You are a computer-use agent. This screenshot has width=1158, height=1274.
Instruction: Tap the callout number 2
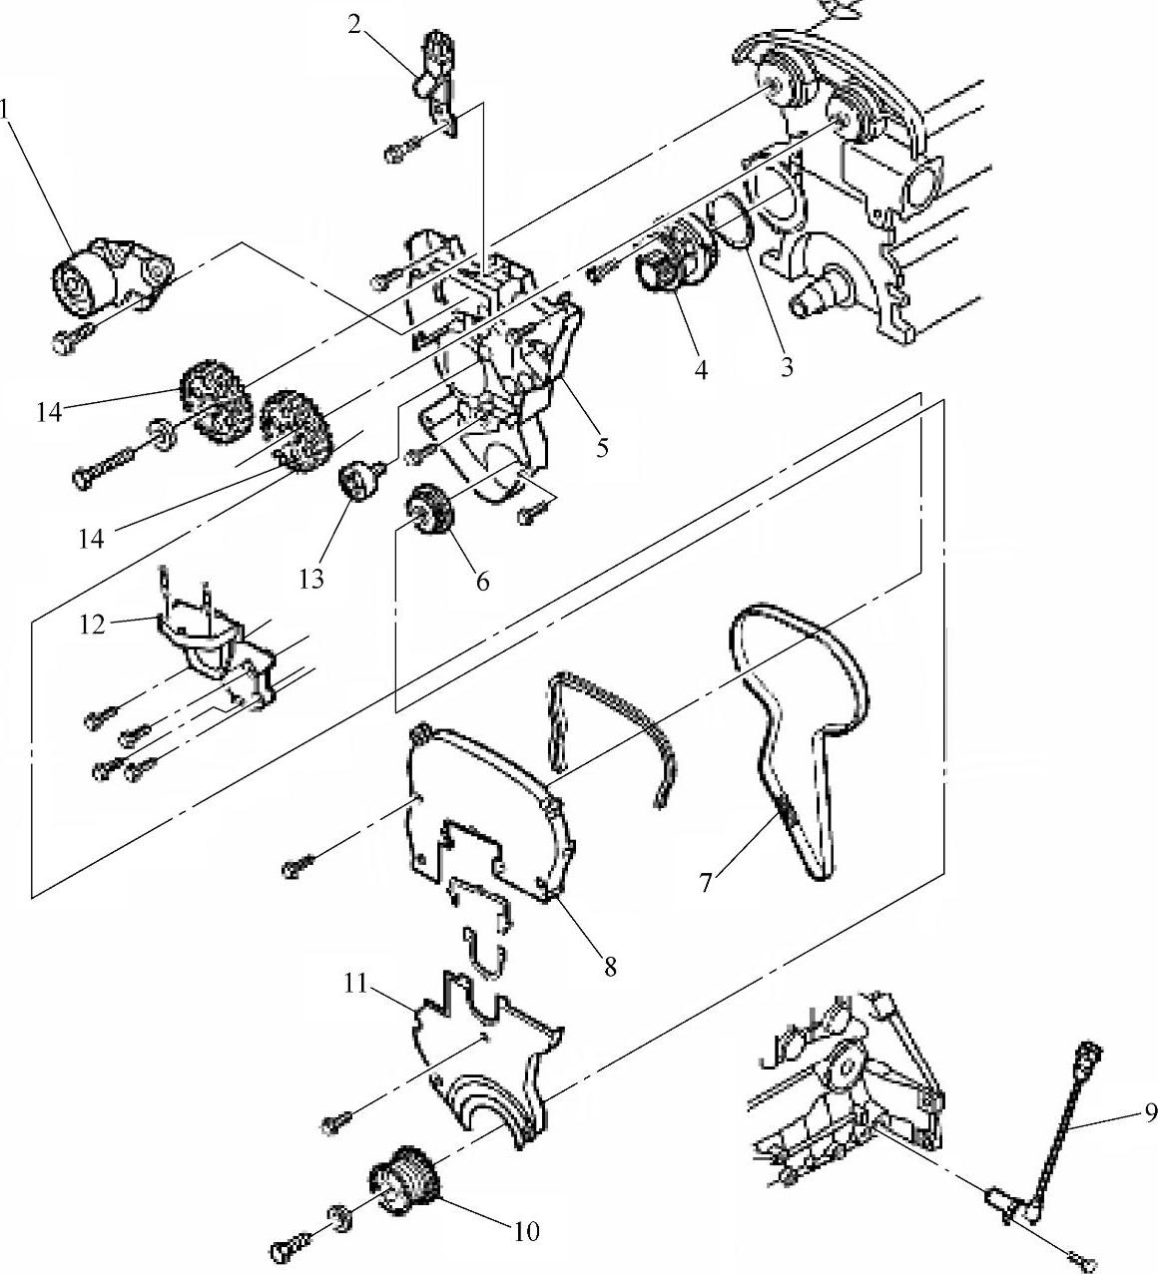(355, 24)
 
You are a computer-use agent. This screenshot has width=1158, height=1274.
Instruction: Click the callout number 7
(706, 882)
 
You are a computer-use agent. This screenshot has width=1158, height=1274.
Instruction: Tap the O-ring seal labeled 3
(735, 223)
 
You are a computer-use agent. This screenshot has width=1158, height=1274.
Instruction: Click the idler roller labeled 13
(358, 479)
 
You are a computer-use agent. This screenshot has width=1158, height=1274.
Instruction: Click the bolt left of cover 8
(298, 866)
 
